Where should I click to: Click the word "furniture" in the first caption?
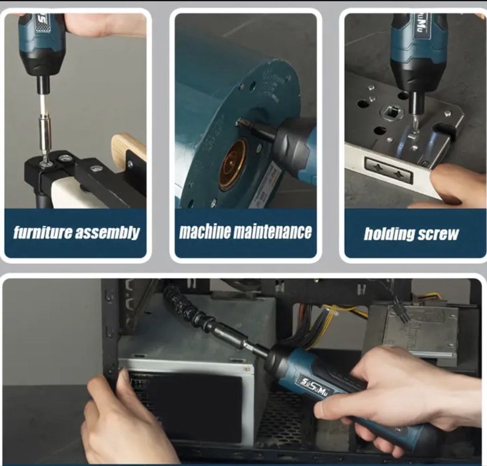pos(43,232)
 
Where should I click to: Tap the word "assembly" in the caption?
pos(107,233)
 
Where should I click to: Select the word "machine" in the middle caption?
pos(205,231)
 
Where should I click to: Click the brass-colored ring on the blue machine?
pos(233,164)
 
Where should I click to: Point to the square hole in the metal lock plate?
pos(394,113)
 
